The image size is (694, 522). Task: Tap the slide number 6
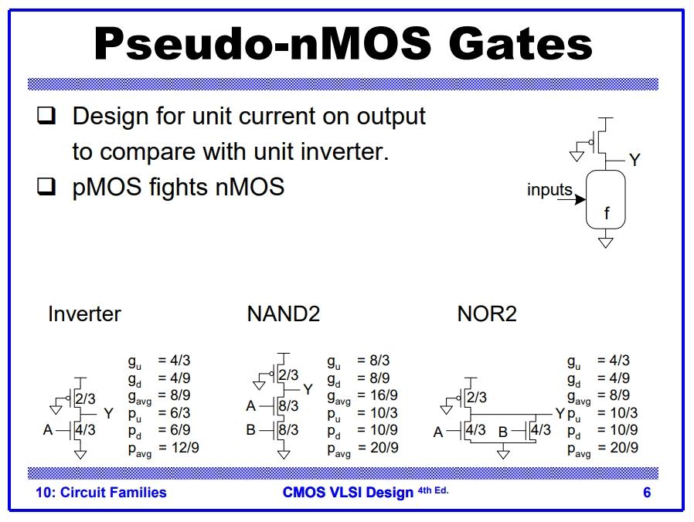[647, 493]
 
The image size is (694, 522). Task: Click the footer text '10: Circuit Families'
[101, 493]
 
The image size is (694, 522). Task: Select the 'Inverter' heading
[84, 314]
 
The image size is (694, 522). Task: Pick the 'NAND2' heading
[283, 314]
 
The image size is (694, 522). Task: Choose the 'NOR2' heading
[487, 314]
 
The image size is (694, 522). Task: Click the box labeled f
[606, 200]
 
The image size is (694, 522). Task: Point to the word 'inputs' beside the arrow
[549, 190]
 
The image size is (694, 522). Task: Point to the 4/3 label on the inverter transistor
[85, 430]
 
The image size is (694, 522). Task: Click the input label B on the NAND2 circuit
[251, 430]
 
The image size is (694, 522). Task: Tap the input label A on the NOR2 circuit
[438, 432]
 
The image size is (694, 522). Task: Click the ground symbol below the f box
[606, 242]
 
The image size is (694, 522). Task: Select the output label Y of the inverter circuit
[108, 414]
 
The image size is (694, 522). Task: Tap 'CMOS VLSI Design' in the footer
[348, 493]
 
